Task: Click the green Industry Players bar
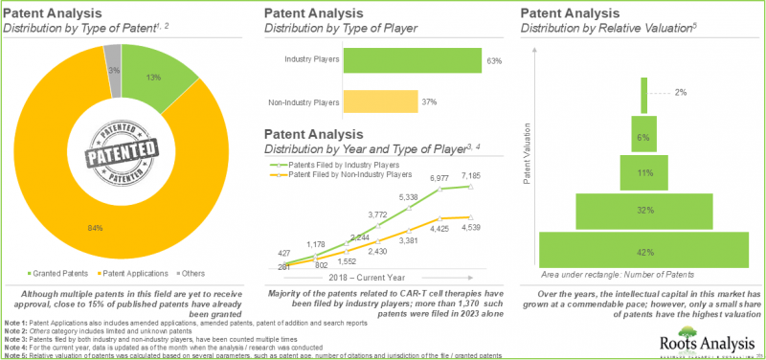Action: click(x=411, y=61)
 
